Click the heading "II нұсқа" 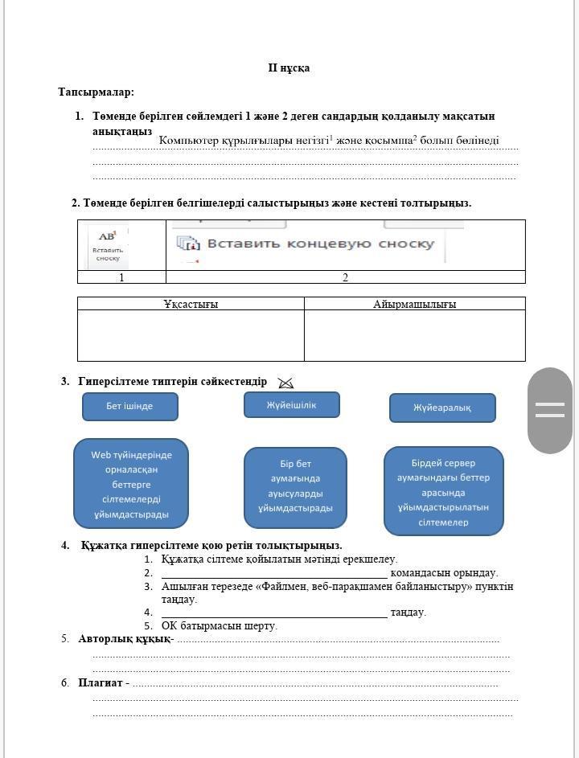point(289,68)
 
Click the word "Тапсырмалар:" point(96,92)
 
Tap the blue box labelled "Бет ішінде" point(129,406)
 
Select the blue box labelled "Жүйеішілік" point(292,405)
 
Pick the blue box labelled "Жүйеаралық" point(442,408)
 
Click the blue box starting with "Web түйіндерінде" point(130,484)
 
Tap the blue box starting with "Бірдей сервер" point(443,492)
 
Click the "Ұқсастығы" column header point(191,304)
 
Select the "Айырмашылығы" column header point(414,304)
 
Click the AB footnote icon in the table point(108,245)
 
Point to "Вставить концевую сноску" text point(320,244)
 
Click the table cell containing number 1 point(121,277)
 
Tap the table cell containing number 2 point(345,277)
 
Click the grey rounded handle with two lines point(549,410)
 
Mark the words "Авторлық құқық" point(124,639)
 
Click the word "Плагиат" point(100,682)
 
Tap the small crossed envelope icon point(285,383)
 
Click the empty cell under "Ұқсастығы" point(191,335)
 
